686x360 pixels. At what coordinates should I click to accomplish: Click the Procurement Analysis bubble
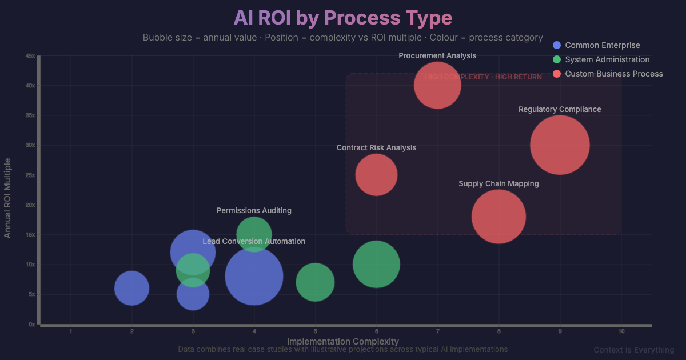click(437, 85)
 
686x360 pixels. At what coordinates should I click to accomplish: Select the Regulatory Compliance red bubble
click(560, 145)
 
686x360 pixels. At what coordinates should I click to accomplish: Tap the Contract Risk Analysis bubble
click(376, 175)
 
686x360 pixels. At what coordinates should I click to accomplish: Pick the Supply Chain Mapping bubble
click(498, 217)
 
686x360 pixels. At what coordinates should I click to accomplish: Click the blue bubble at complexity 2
click(132, 289)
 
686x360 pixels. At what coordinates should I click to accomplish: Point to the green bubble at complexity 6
click(376, 265)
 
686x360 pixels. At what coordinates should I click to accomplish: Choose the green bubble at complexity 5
click(315, 282)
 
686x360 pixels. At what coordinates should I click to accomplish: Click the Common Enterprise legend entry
click(602, 45)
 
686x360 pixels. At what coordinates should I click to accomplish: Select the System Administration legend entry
click(607, 59)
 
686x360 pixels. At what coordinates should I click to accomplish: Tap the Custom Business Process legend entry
click(613, 74)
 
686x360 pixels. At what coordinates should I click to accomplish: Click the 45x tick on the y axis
click(30, 55)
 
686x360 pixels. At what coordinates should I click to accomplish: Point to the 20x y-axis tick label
click(30, 205)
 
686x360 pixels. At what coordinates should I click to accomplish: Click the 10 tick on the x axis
click(621, 331)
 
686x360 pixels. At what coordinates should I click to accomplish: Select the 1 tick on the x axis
click(71, 331)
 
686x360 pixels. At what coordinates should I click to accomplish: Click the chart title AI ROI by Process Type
click(342, 18)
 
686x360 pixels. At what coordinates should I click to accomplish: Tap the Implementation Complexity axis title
click(342, 342)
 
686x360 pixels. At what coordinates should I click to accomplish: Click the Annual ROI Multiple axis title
click(8, 198)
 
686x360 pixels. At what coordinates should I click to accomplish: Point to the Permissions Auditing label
click(254, 211)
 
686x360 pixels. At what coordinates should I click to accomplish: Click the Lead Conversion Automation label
click(254, 242)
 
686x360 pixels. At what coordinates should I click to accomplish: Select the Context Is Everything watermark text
click(633, 350)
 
